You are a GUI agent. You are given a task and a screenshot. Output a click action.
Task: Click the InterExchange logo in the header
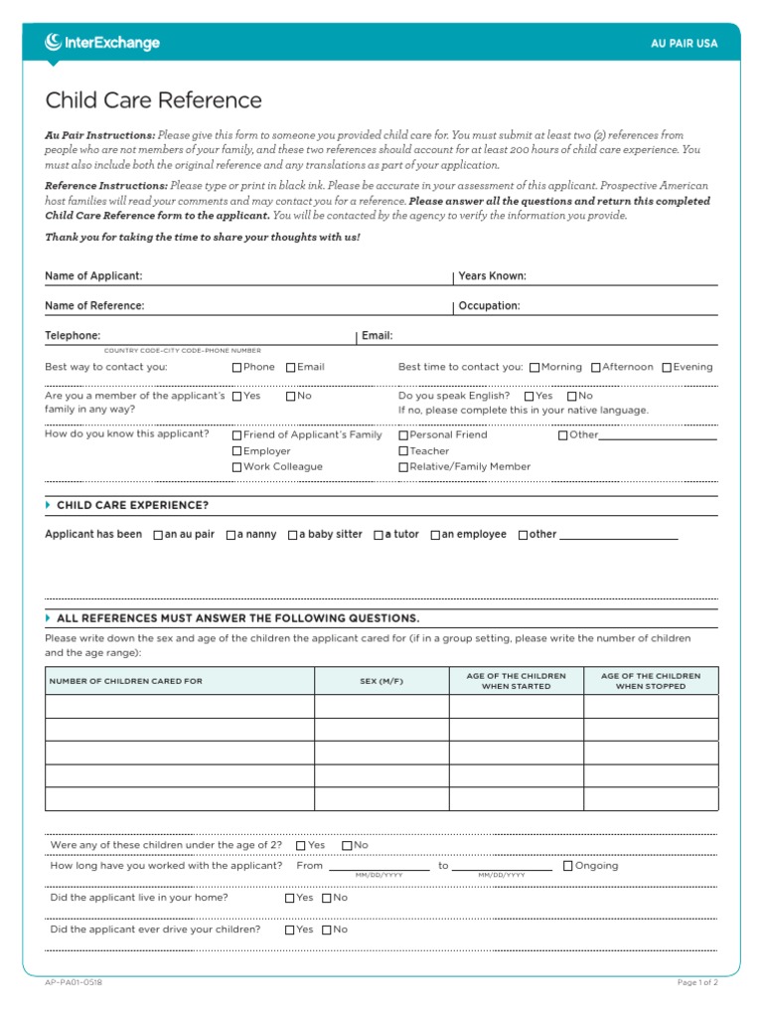(x=101, y=43)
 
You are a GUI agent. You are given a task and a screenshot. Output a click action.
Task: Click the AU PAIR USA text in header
(x=684, y=44)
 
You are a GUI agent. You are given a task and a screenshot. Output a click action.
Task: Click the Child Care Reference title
(x=154, y=100)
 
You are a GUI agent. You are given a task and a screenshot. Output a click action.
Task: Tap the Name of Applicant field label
(x=93, y=275)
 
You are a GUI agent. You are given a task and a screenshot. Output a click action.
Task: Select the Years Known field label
(x=492, y=275)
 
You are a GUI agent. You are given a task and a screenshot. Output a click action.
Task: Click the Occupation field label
(x=489, y=306)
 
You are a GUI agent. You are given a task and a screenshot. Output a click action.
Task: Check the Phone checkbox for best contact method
(x=237, y=368)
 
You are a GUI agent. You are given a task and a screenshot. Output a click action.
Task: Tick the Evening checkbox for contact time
(x=668, y=368)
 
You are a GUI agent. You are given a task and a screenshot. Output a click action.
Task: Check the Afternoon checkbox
(x=596, y=368)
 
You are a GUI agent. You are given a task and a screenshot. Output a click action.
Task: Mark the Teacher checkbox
(x=403, y=451)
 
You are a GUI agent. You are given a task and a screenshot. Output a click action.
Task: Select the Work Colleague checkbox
(x=237, y=467)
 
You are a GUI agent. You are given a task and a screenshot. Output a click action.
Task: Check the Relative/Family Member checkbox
(x=403, y=467)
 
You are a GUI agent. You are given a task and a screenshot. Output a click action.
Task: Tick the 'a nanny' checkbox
(x=230, y=535)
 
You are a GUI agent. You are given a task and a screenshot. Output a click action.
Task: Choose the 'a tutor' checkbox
(x=379, y=535)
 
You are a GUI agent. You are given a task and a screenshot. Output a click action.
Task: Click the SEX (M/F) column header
(x=381, y=681)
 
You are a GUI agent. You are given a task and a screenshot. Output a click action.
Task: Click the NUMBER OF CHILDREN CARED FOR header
(x=125, y=681)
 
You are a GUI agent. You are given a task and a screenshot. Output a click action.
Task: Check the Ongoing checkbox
(x=568, y=866)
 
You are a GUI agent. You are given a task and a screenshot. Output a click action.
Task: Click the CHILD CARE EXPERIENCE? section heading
(x=132, y=505)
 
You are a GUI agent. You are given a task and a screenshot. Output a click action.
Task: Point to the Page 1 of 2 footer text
(x=696, y=982)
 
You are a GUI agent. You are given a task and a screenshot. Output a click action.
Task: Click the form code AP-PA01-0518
(x=74, y=982)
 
